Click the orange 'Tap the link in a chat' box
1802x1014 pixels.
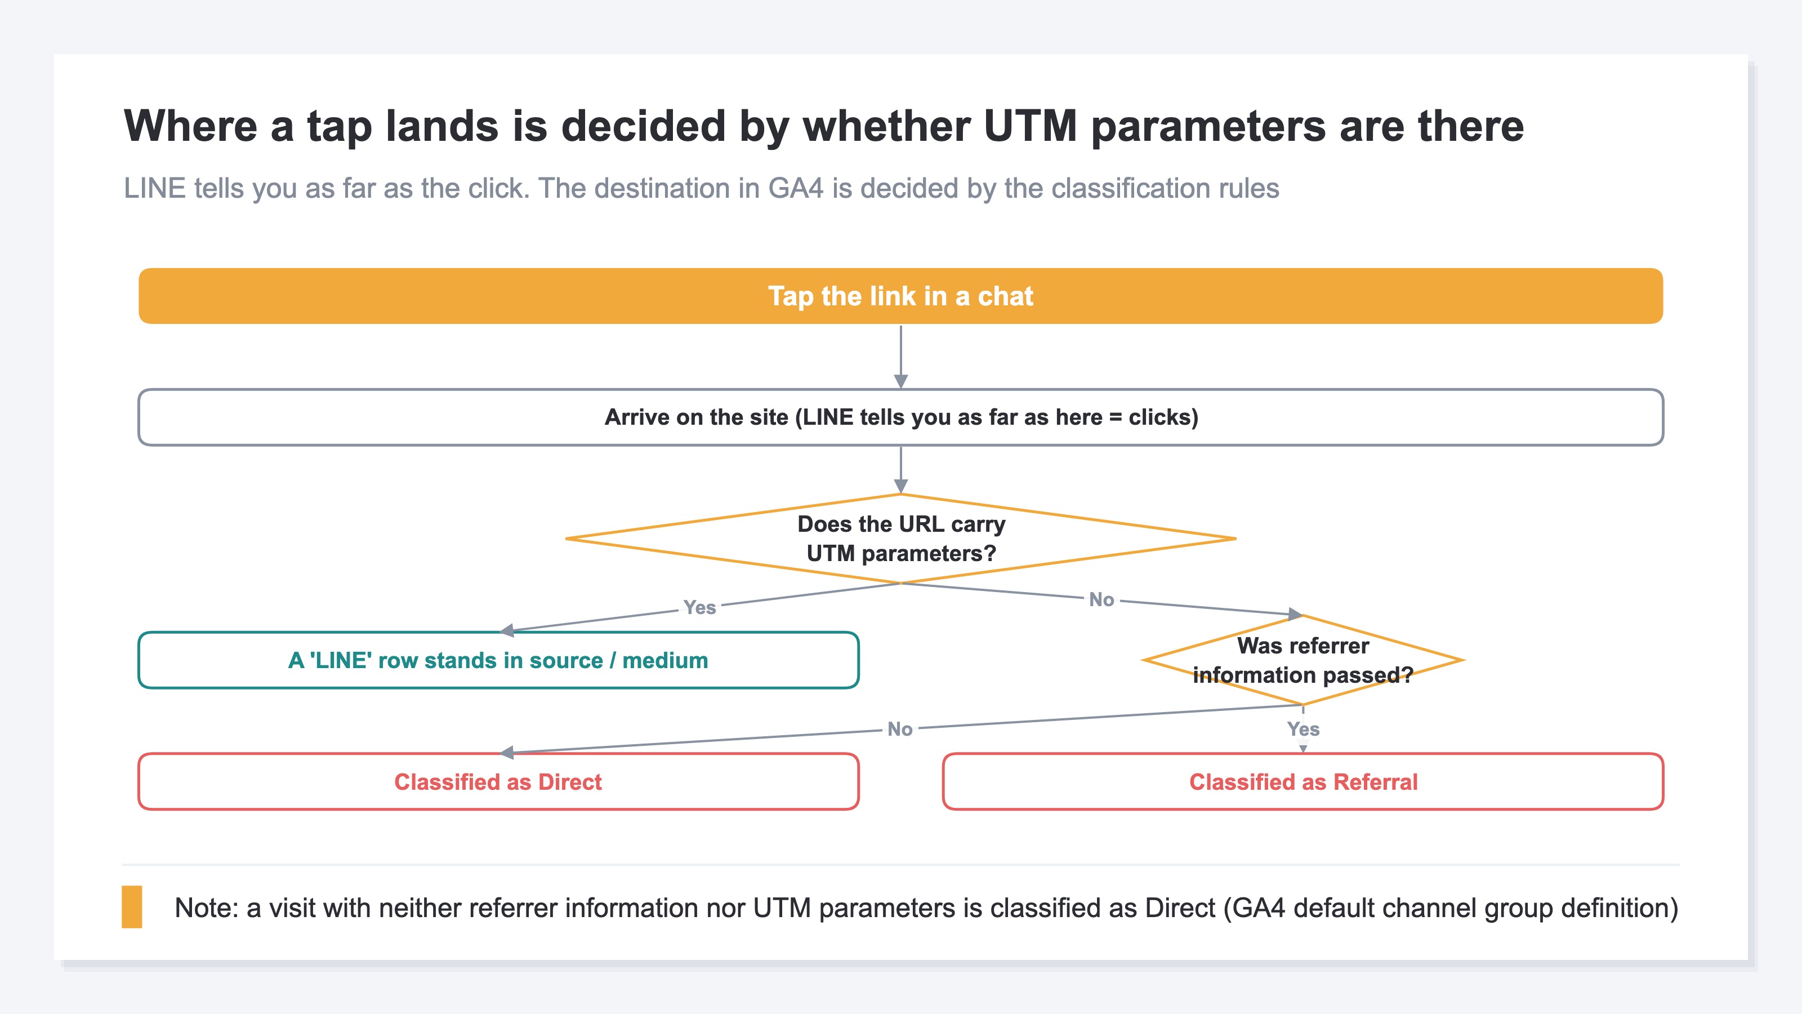click(900, 296)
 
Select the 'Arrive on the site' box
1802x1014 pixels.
click(900, 417)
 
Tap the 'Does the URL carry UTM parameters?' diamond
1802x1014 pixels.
click(900, 538)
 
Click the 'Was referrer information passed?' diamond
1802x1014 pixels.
click(1303, 660)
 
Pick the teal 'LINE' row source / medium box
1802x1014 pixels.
click(498, 660)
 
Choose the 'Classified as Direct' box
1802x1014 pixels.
click(498, 782)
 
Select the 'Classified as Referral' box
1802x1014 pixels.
click(1303, 782)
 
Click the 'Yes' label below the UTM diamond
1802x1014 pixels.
click(699, 607)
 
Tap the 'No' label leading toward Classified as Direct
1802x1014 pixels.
click(900, 729)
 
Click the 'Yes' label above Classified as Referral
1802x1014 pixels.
click(1303, 729)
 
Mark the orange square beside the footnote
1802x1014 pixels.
click(132, 907)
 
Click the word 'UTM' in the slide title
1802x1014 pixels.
click(1031, 126)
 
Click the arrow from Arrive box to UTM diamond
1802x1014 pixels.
click(900, 470)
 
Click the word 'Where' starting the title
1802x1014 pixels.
click(191, 126)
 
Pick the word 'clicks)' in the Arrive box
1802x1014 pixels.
click(1163, 417)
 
